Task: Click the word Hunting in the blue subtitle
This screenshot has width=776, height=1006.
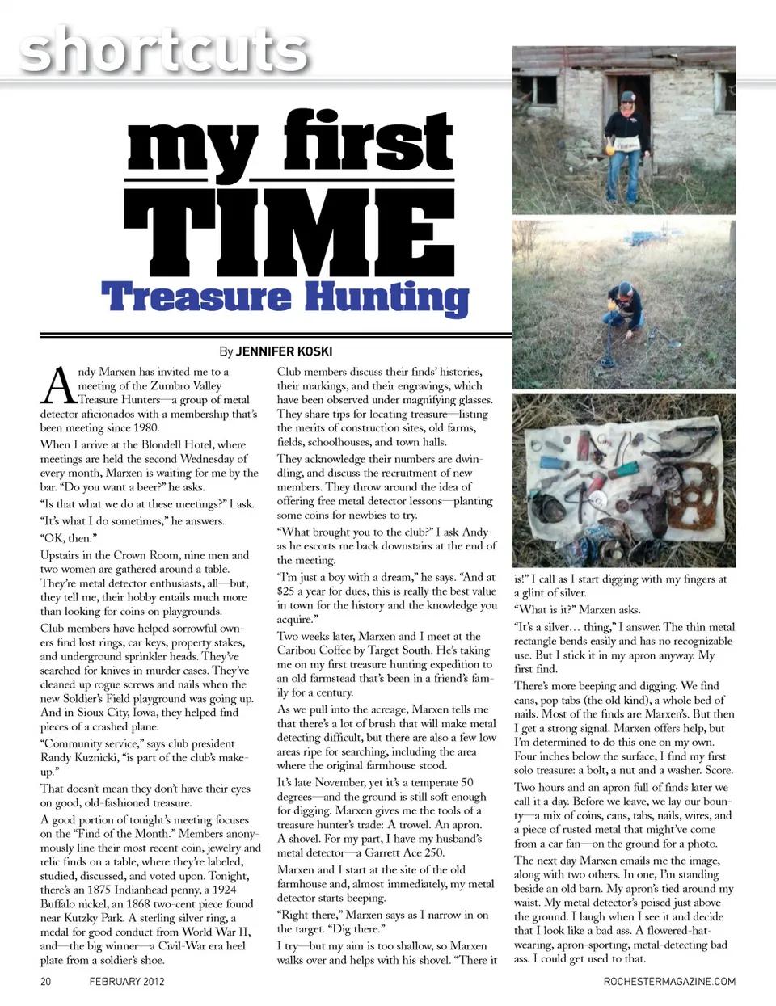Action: coord(390,298)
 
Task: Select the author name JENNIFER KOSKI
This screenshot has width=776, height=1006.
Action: coord(284,351)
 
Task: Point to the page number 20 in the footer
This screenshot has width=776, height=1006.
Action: coord(46,982)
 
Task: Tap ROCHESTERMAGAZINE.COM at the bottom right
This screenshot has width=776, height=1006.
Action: coord(669,982)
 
